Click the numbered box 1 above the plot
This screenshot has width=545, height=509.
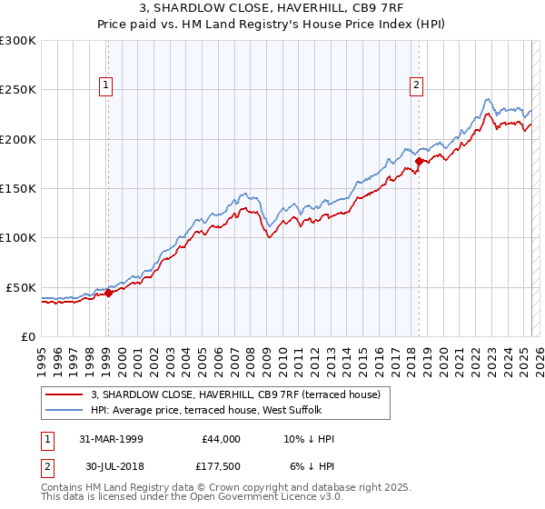coord(107,85)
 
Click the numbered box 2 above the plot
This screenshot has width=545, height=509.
coord(417,85)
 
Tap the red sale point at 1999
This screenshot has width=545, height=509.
coord(108,293)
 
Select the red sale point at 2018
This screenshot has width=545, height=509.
coord(419,162)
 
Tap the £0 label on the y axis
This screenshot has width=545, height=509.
coord(28,336)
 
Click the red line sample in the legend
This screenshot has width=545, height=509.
coord(64,394)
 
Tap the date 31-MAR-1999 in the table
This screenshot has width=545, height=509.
coord(111,439)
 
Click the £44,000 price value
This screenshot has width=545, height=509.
coord(220,439)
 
